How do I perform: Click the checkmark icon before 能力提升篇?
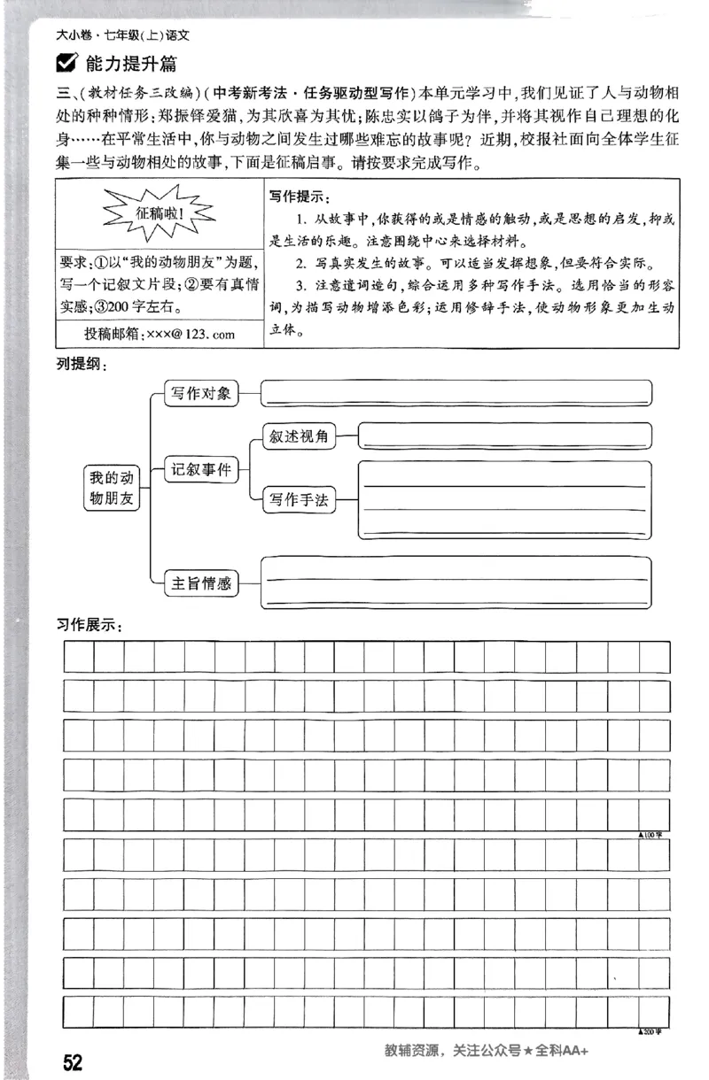coord(66,63)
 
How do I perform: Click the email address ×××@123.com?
coord(160,333)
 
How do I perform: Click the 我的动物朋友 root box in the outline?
coord(113,488)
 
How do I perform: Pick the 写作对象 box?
coord(201,394)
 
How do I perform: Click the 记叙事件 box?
coord(201,470)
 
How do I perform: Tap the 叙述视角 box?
coord(300,436)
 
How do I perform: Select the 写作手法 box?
coord(300,501)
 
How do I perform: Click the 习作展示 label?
coord(88,625)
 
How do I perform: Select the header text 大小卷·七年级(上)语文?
coord(123,36)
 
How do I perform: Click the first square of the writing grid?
coord(78,657)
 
